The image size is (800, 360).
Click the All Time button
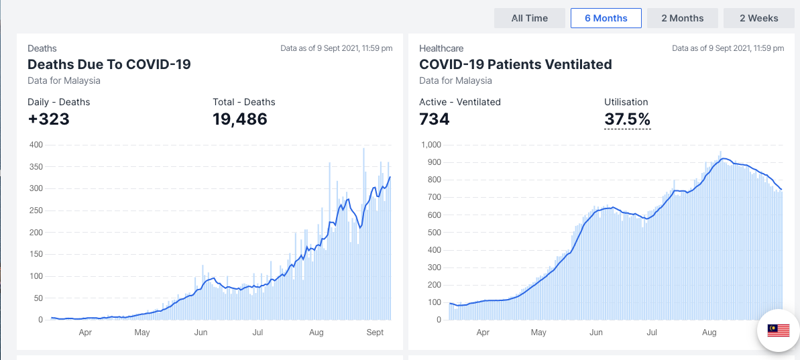530,18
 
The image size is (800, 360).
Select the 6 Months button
606,18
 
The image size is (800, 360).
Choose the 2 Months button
682,18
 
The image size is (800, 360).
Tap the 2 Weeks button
758,18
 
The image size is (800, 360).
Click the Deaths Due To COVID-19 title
109,64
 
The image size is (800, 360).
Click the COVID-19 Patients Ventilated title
515,64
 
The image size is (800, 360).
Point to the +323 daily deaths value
48,119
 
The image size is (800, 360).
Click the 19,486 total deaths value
239,119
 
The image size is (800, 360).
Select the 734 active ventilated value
434,119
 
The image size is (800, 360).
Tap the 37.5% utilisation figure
627,119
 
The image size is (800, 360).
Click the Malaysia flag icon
778,330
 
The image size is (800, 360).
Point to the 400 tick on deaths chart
36,145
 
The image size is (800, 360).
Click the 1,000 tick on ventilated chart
430,145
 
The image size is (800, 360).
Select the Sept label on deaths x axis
376,333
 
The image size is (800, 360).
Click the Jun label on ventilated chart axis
595,333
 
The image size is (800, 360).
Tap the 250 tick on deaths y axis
36,211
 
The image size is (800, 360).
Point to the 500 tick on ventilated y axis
433,233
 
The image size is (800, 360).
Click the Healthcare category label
441,48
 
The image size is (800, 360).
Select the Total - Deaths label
244,102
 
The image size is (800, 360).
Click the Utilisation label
626,102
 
